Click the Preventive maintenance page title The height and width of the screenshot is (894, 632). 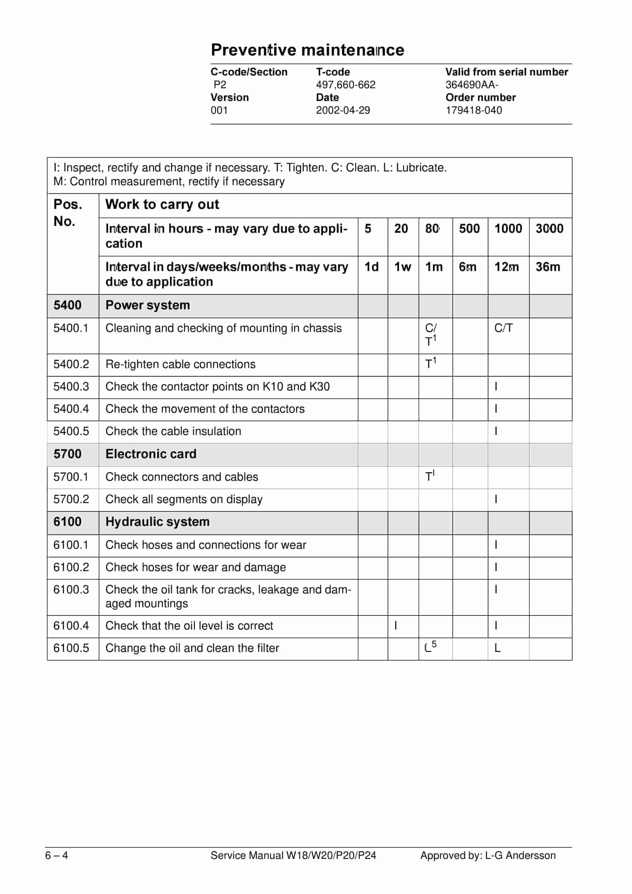[x=308, y=50]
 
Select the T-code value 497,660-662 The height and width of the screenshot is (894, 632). [x=345, y=85]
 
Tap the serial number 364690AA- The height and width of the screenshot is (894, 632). [x=472, y=85]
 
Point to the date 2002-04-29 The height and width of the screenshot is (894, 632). [x=343, y=110]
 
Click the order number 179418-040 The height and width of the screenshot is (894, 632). [x=474, y=110]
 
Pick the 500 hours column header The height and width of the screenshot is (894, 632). [x=469, y=229]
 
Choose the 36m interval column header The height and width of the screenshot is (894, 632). [x=548, y=267]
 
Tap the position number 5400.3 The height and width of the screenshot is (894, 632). [x=71, y=387]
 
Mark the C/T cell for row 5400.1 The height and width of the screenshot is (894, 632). [x=503, y=328]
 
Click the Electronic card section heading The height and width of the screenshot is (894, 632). [x=151, y=454]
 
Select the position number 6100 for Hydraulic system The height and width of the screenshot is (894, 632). [x=67, y=522]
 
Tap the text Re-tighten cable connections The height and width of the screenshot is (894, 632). [x=180, y=364]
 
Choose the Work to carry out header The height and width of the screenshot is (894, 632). [x=162, y=204]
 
